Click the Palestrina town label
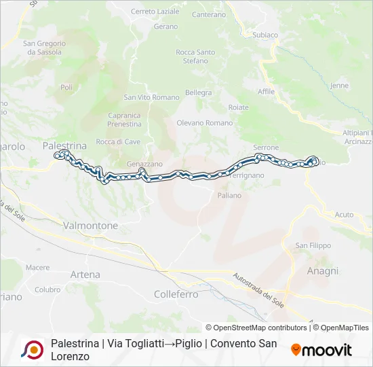[64, 145]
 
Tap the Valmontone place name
[90, 225]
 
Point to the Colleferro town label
[176, 294]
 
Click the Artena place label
[85, 275]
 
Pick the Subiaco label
[264, 35]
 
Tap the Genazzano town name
[144, 164]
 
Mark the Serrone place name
[265, 147]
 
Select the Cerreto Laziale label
[155, 12]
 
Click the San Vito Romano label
[151, 97]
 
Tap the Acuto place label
[344, 214]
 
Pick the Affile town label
[267, 91]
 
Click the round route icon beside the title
[32, 349]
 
